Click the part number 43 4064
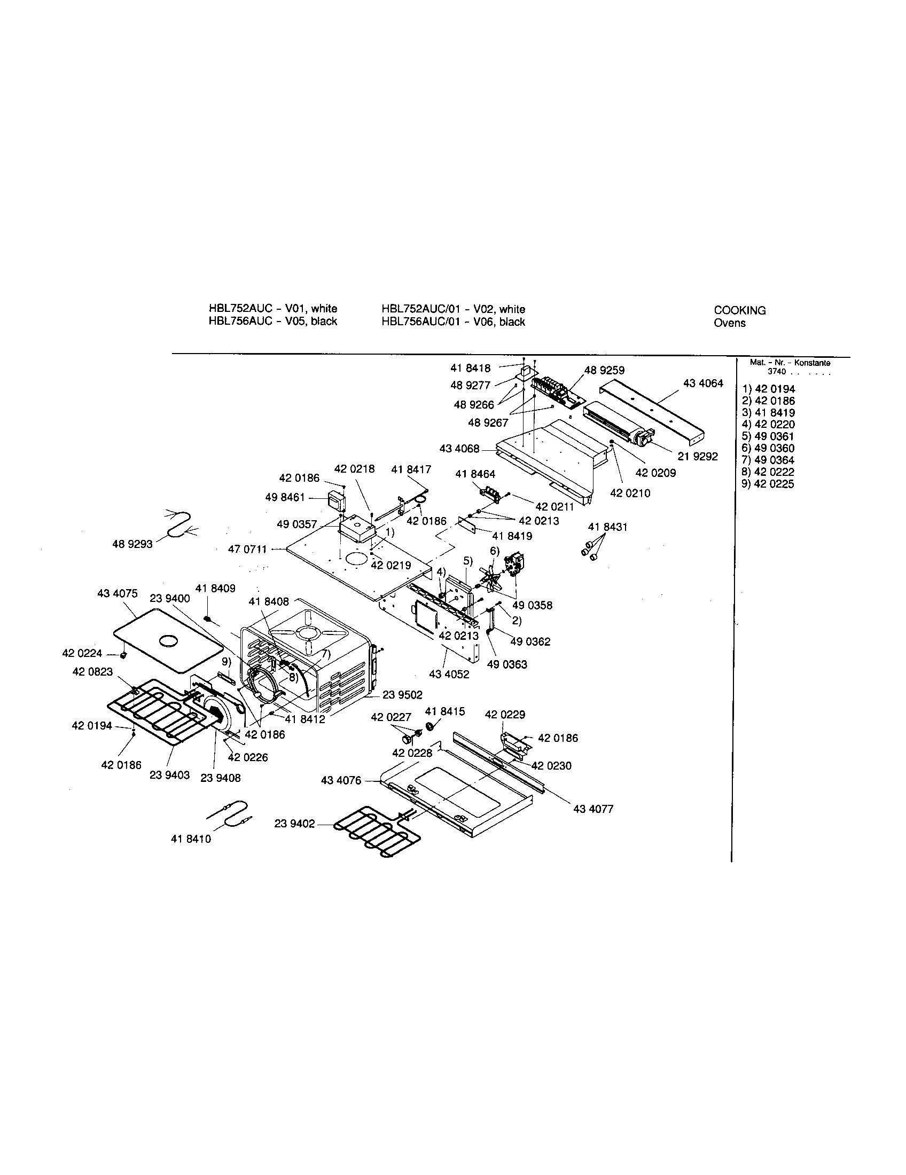[702, 383]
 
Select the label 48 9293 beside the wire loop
[132, 544]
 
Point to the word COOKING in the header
[739, 310]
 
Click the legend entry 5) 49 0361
[768, 436]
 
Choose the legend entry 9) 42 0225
[768, 484]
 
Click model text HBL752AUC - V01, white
[273, 309]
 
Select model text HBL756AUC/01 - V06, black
[453, 322]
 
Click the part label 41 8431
[607, 527]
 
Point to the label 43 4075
[118, 593]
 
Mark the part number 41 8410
[191, 839]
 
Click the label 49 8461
[285, 498]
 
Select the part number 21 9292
[697, 457]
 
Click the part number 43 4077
[593, 809]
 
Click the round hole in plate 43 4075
[168, 640]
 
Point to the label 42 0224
[82, 654]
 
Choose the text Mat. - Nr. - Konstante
[790, 363]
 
